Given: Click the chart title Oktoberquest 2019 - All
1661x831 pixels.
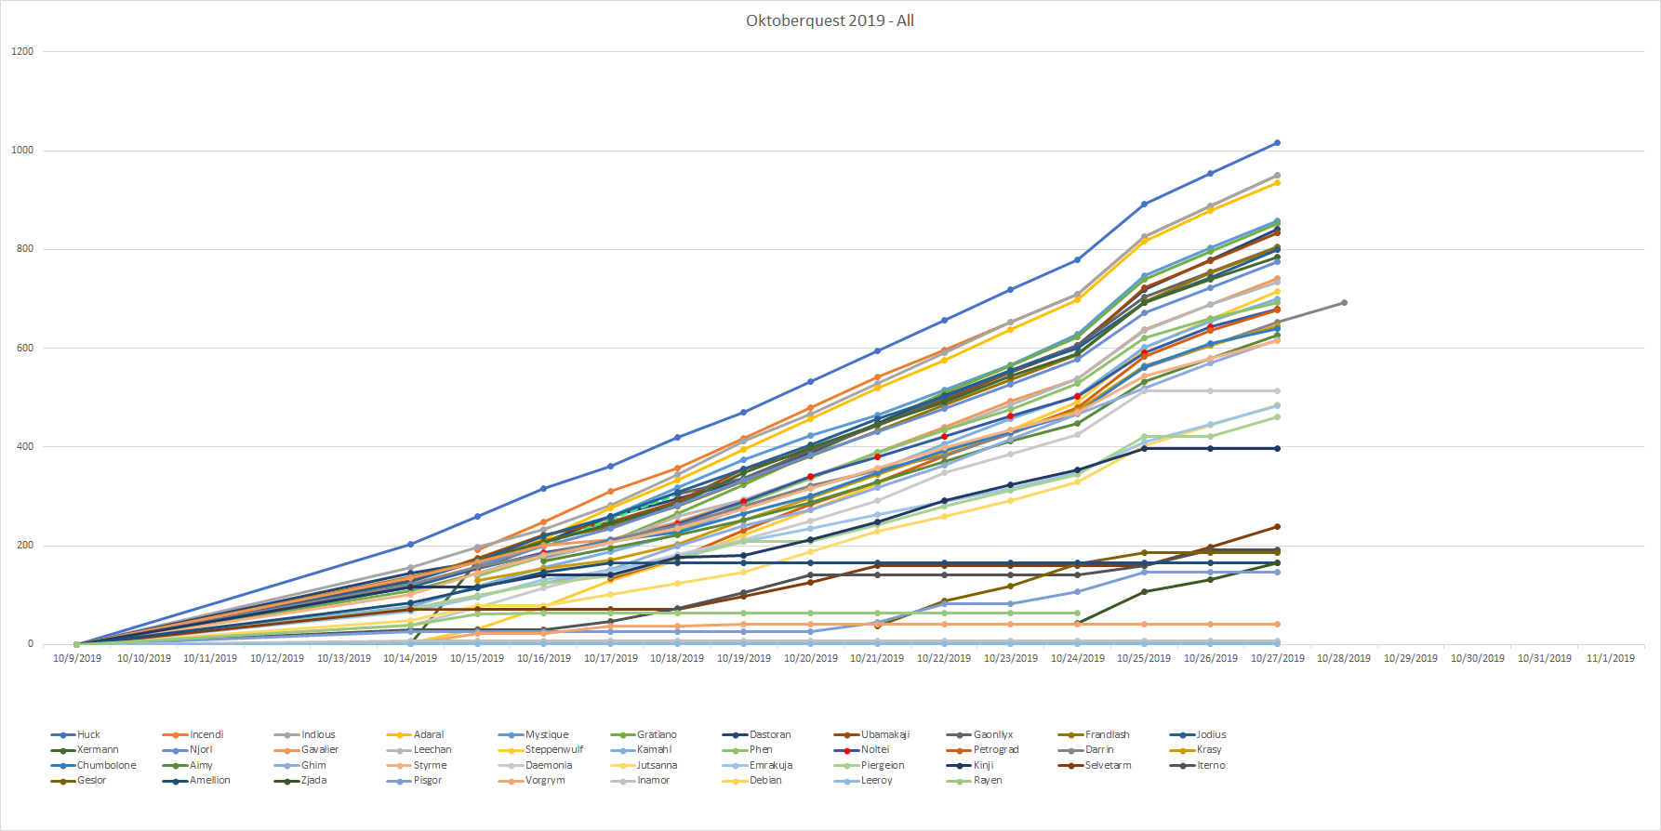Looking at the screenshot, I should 830,20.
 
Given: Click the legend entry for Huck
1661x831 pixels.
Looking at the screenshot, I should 88,734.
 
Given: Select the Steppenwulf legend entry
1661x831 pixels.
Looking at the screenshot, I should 553,749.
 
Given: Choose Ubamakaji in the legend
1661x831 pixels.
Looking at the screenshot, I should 884,734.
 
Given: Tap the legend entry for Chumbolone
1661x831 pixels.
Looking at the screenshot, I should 106,765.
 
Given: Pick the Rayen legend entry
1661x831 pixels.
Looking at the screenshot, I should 988,780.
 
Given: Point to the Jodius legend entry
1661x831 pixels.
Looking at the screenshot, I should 1211,734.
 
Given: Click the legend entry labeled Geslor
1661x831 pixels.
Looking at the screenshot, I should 91,780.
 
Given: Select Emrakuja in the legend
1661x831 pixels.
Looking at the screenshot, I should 770,765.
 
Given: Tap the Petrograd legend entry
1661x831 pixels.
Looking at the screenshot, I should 995,749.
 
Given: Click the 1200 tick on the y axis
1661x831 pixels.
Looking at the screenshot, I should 22,51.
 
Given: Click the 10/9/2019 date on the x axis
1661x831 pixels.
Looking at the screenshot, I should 77,658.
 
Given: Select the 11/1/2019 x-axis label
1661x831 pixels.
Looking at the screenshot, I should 1611,658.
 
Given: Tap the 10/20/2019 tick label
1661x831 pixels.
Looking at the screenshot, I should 810,658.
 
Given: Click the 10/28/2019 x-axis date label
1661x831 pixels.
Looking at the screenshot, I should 1344,658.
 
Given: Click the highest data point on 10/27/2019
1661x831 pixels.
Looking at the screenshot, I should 1277,143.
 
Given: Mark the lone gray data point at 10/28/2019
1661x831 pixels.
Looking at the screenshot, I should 1344,302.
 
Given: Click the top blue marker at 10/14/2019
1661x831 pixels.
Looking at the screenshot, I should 410,545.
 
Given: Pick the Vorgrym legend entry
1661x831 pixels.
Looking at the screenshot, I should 545,780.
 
